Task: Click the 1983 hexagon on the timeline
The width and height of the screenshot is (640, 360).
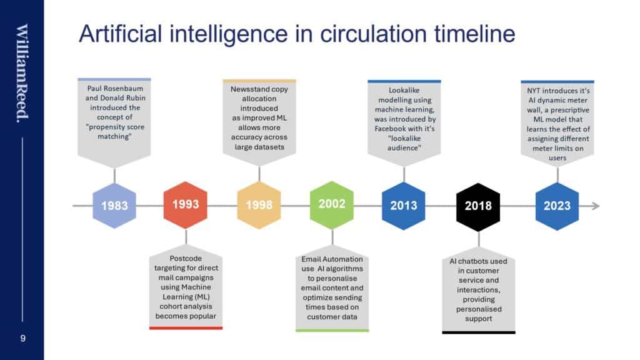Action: point(114,205)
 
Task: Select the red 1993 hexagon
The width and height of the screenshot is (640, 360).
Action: point(186,204)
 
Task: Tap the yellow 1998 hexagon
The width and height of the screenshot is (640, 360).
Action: point(259,205)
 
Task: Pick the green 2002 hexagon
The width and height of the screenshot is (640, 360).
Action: point(332,204)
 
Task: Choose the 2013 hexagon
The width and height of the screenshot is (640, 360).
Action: point(404,206)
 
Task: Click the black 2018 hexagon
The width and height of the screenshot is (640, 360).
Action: point(478,207)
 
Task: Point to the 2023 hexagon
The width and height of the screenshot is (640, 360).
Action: point(557,206)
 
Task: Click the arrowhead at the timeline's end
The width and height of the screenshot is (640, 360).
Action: point(596,206)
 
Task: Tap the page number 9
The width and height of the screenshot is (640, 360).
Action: point(23,338)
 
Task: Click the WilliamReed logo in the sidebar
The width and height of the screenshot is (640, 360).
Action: point(22,74)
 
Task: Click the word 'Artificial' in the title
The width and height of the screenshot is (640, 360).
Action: point(121,34)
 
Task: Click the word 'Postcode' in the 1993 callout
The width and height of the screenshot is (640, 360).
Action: point(186,258)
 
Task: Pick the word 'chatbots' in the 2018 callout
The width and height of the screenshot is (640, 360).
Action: point(474,261)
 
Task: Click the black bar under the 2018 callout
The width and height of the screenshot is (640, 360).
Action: point(478,332)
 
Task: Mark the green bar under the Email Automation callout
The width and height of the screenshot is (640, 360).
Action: point(332,331)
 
